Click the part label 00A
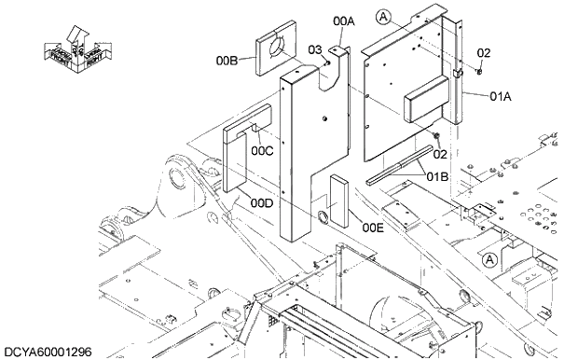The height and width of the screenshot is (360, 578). click(344, 21)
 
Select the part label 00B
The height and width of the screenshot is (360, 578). click(227, 61)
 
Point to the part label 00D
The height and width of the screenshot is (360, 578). click(262, 202)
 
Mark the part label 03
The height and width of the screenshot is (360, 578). click(315, 48)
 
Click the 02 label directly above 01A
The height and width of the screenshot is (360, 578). click(484, 52)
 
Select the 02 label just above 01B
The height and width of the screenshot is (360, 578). click(440, 153)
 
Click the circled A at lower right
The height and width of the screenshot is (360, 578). click(491, 258)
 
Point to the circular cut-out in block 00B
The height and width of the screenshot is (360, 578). click(277, 48)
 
